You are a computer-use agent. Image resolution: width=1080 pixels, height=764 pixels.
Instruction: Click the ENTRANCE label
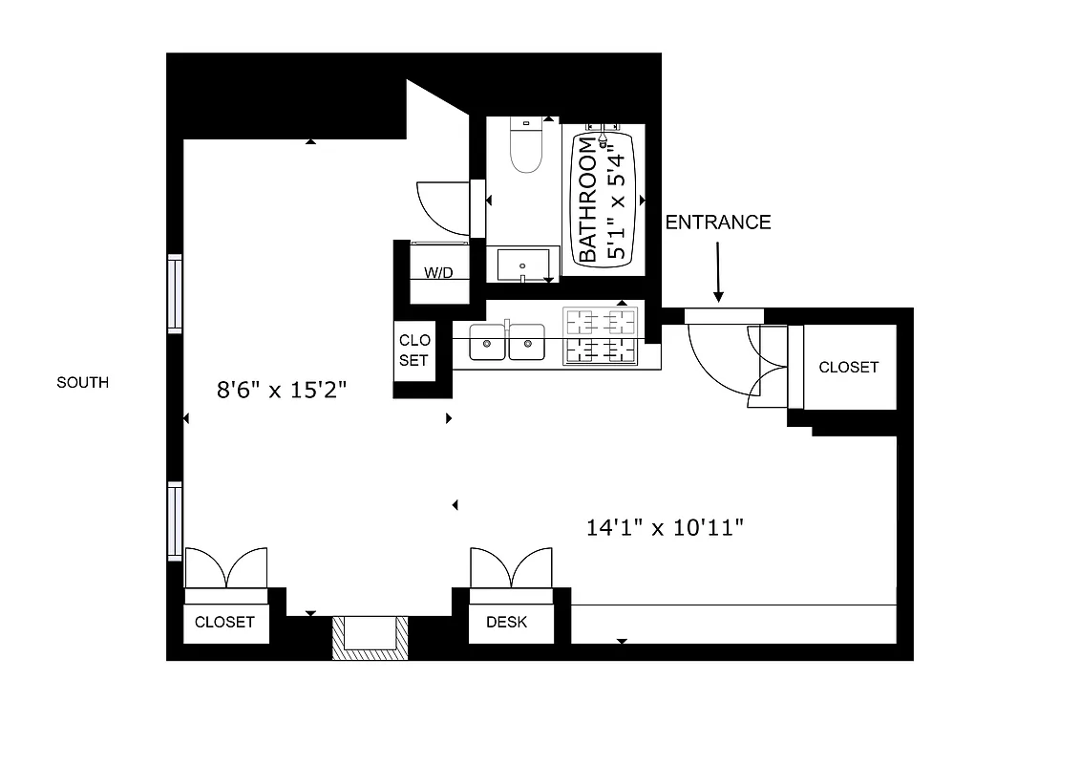pos(717,223)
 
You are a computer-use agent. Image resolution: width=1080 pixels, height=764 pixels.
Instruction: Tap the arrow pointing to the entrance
pos(718,271)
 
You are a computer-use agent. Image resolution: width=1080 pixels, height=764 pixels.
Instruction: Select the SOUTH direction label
pos(82,383)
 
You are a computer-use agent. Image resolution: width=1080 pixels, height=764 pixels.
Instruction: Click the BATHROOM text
pos(587,200)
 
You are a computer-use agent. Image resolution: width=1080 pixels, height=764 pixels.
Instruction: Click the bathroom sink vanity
pos(521,264)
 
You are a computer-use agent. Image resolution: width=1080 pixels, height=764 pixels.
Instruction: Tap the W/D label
pos(438,273)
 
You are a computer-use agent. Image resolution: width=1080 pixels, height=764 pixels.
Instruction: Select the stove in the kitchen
pos(601,335)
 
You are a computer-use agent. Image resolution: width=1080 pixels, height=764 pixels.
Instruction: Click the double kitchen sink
pos(507,342)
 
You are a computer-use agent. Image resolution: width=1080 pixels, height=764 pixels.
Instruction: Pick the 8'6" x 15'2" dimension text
pos(281,390)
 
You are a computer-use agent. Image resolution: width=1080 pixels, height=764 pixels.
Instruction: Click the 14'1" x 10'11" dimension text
pos(665,526)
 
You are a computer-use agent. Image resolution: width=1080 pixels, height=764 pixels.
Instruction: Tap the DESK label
pos(506,623)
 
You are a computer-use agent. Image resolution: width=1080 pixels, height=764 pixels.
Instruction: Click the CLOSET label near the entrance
pos(848,367)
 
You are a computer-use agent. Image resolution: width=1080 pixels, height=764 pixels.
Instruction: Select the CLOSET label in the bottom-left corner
pos(224,622)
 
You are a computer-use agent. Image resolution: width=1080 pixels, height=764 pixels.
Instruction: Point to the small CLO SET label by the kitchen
pos(414,350)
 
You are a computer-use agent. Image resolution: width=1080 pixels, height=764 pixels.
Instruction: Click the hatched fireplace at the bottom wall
pos(370,638)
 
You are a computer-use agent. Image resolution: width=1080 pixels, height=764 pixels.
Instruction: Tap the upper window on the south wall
pos(175,293)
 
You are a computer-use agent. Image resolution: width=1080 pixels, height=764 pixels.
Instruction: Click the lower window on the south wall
pos(175,520)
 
